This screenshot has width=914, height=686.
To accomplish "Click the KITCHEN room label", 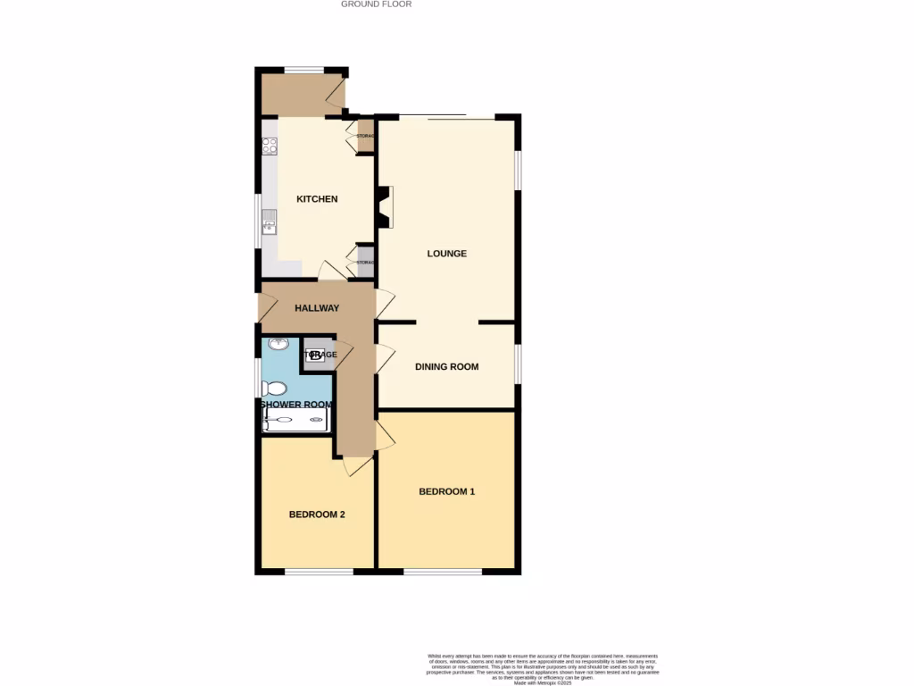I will click(317, 198).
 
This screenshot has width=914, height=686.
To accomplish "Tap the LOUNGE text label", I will click(446, 254).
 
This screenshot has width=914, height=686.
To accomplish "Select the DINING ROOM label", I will click(446, 366).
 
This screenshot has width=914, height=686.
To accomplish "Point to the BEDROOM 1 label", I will click(446, 491).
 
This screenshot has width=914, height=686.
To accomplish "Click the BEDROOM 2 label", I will click(317, 514).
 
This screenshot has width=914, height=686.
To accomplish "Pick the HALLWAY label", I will click(317, 308).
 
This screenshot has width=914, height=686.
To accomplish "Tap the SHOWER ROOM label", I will click(295, 404).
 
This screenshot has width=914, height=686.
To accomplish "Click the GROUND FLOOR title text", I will click(376, 4).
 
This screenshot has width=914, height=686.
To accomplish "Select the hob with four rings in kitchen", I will click(270, 146).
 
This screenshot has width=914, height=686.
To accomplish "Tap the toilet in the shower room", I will click(273, 389).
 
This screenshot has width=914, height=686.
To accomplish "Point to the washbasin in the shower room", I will click(277, 344).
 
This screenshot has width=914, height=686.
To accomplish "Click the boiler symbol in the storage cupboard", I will click(315, 355).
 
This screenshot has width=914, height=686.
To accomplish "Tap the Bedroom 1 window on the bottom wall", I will click(443, 571).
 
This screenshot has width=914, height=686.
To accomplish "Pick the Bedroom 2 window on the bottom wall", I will click(319, 571).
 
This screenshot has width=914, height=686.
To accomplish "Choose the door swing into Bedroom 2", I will click(358, 465).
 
